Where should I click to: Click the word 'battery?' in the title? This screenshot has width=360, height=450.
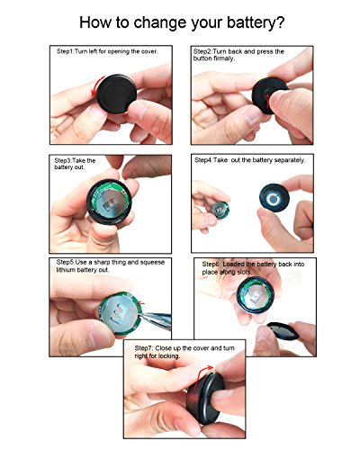click(255, 23)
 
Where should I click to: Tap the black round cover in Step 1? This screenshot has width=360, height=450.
click(117, 94)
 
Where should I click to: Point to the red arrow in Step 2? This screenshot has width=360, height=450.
click(267, 101)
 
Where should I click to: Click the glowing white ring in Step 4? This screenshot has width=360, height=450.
click(274, 199)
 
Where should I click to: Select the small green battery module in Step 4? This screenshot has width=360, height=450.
click(220, 210)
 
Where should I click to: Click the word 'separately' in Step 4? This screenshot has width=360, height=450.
click(289, 160)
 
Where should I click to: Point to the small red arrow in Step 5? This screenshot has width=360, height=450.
click(140, 303)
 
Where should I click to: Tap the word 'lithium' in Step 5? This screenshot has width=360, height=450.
click(66, 270)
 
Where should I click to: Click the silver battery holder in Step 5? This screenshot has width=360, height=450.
click(118, 313)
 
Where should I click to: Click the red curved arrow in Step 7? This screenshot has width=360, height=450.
click(202, 374)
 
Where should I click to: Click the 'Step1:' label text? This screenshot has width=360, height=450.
click(66, 51)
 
